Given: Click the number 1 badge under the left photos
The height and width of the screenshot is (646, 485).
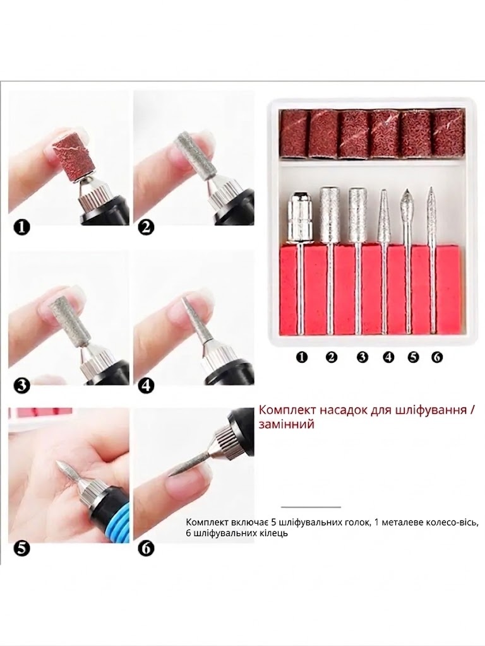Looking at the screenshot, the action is click(21, 227).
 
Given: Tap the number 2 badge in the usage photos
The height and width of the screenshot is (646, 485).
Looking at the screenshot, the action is click(146, 227).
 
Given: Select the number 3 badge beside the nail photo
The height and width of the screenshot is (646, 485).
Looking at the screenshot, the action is click(21, 386).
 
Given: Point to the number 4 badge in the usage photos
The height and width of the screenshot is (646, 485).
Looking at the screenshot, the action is click(146, 386).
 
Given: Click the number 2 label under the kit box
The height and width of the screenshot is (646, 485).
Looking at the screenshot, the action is click(331, 357).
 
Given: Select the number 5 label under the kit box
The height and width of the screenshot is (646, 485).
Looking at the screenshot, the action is click(413, 357).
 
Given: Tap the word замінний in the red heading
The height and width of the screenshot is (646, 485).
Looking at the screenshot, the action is click(287, 424).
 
